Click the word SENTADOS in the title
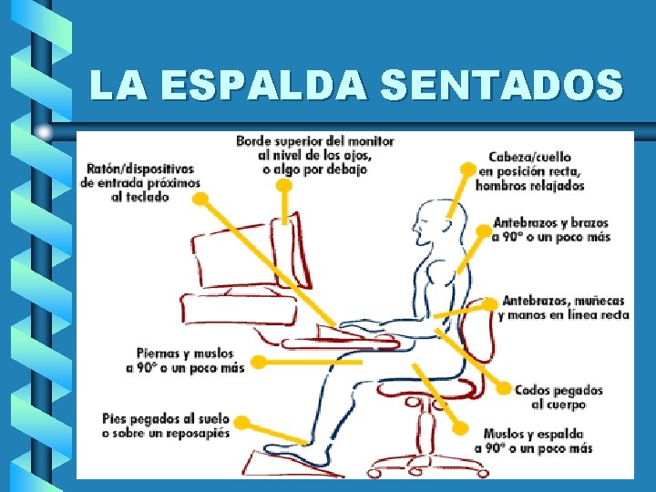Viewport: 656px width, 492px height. [x=502, y=87]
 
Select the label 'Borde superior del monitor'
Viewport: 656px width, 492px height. [x=314, y=155]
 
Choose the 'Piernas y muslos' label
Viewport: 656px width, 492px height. [x=185, y=360]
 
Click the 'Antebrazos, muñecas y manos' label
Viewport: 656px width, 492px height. [x=565, y=308]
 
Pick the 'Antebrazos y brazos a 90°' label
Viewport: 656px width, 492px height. [x=550, y=230]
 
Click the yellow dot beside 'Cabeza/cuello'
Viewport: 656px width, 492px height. [x=468, y=169]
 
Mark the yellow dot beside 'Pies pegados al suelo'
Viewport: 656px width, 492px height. [x=242, y=421]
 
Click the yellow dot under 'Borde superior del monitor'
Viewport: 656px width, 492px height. [x=284, y=185]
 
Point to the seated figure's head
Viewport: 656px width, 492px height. [x=428, y=223]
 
